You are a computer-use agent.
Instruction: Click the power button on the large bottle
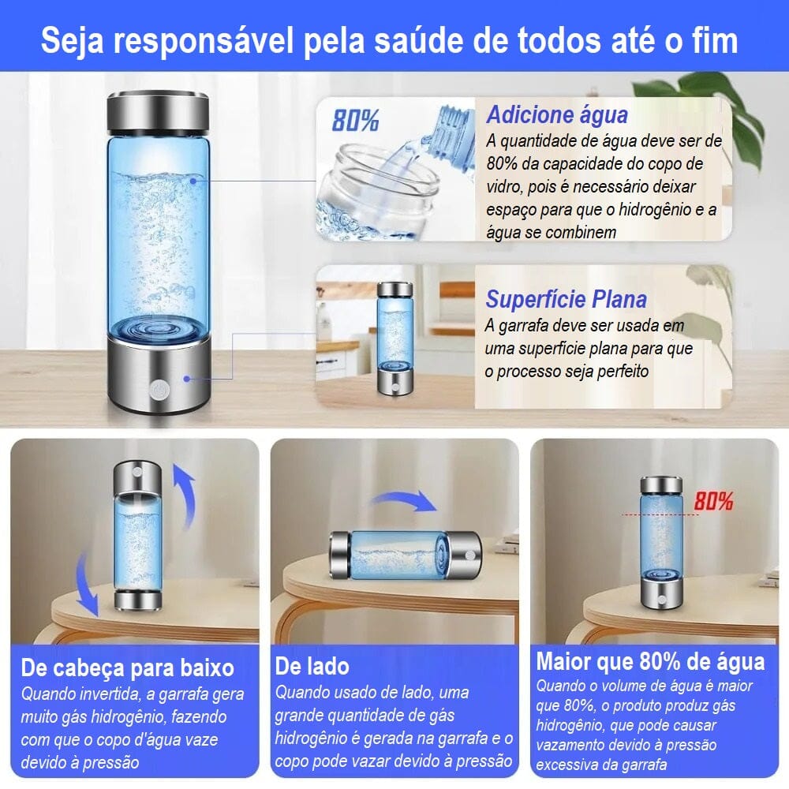pos(159,391)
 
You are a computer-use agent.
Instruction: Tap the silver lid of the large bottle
pos(158,111)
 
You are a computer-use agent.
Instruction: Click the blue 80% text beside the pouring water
pos(355,120)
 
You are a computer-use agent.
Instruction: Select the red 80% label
pos(713,501)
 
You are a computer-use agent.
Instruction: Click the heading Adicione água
pos(557,114)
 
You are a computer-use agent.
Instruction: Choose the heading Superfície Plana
pos(566,299)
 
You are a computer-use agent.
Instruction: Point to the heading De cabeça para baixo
pos(128,667)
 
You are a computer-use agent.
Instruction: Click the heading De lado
pos(312,666)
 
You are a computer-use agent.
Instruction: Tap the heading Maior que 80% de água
pos(650,661)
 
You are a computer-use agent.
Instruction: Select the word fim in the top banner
pos(714,40)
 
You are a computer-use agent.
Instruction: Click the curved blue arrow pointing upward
pos(185,495)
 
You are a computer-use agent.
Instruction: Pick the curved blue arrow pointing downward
pos(85,584)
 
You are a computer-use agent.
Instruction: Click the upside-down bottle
pos(137,536)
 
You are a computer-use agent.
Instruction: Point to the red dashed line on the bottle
pos(660,514)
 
